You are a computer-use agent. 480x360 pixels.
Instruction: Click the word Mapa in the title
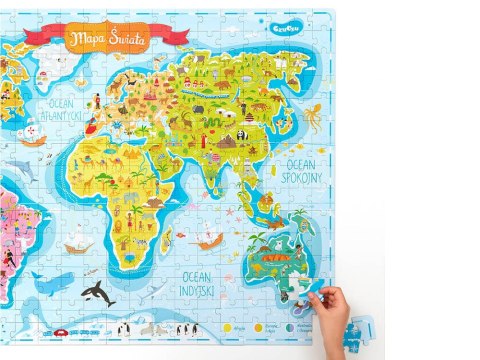(89, 37)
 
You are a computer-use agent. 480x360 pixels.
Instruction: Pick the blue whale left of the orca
(50, 283)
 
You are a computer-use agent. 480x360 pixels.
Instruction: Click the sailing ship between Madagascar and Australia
(207, 241)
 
